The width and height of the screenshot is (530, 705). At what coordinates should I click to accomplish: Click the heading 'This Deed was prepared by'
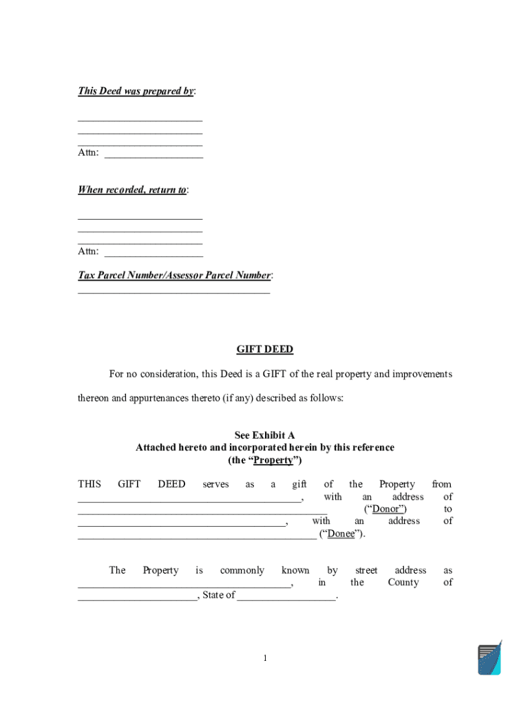point(136,91)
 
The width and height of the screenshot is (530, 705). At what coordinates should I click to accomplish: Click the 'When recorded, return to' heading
point(132,190)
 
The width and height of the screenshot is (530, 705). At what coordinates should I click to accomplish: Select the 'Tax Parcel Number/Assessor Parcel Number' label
point(174,275)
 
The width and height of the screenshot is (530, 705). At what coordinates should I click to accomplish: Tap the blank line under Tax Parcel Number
point(173,292)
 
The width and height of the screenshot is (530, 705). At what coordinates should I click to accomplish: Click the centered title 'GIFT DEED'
point(265,350)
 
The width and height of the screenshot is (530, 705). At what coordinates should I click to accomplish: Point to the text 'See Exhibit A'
point(265,435)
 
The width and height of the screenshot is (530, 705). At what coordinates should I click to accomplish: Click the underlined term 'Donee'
point(341,534)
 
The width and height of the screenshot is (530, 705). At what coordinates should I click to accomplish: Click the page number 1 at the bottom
point(264,659)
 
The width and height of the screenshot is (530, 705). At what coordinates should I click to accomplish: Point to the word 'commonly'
point(242,570)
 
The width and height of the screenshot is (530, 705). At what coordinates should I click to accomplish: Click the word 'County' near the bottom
point(403,582)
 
